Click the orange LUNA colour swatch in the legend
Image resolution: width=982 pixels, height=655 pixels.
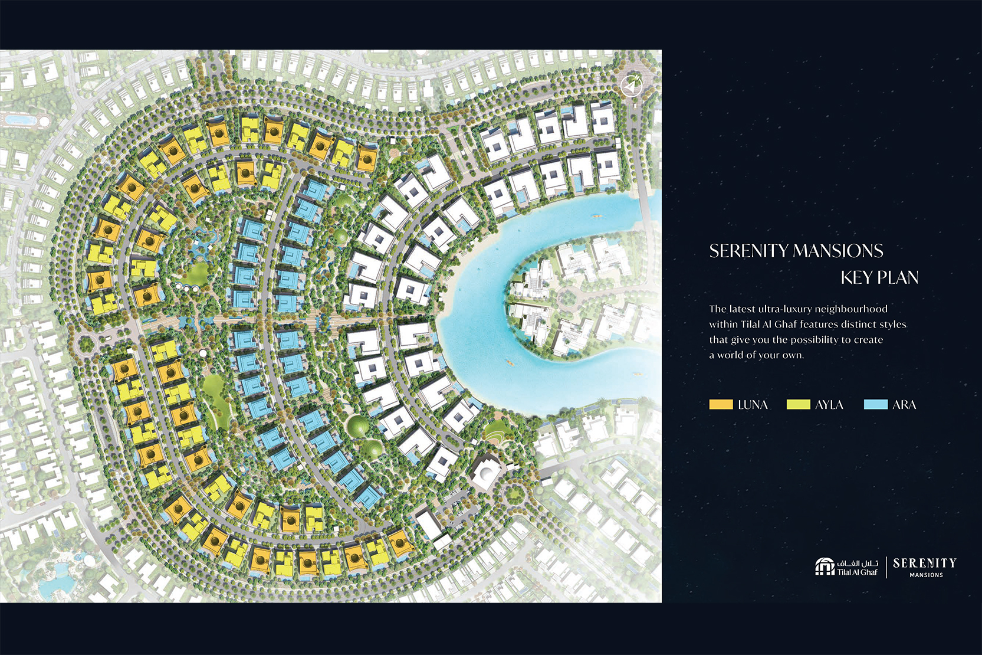point(721,404)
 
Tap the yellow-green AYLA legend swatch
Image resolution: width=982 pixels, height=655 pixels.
point(798,404)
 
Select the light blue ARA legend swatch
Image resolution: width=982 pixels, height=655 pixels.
point(875,404)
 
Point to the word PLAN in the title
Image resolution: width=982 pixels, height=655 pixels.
point(898,277)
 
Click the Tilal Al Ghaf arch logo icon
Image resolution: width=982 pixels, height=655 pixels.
point(825,566)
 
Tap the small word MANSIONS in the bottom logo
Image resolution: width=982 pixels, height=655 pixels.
point(926,575)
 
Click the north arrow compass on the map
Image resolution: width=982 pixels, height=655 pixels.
point(632,86)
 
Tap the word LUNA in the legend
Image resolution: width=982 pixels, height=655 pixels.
point(753,405)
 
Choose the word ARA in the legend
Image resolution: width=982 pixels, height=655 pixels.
point(904,405)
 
